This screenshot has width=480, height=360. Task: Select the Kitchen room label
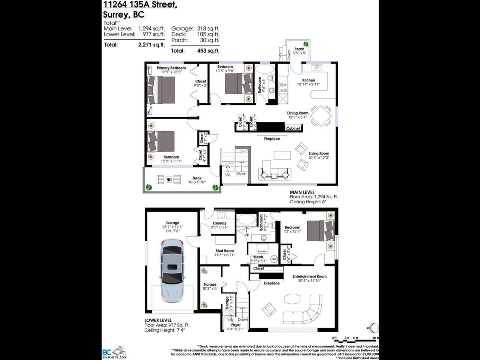click(x=308, y=80)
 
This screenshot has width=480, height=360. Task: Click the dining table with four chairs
click(x=321, y=115)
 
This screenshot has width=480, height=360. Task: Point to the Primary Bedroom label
click(x=171, y=68)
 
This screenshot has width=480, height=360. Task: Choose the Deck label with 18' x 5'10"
click(x=197, y=178)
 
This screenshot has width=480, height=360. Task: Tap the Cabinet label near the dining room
click(x=293, y=128)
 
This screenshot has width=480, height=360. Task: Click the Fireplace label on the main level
click(x=272, y=139)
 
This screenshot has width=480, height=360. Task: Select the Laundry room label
click(x=220, y=223)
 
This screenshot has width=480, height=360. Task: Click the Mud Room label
click(x=224, y=251)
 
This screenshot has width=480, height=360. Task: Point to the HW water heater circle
click(x=274, y=259)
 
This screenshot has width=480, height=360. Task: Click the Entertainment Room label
click(x=309, y=276)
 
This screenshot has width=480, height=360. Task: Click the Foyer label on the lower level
click(x=236, y=325)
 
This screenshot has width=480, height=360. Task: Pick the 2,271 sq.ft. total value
click(x=151, y=45)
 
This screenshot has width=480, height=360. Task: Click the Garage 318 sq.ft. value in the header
click(x=208, y=28)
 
